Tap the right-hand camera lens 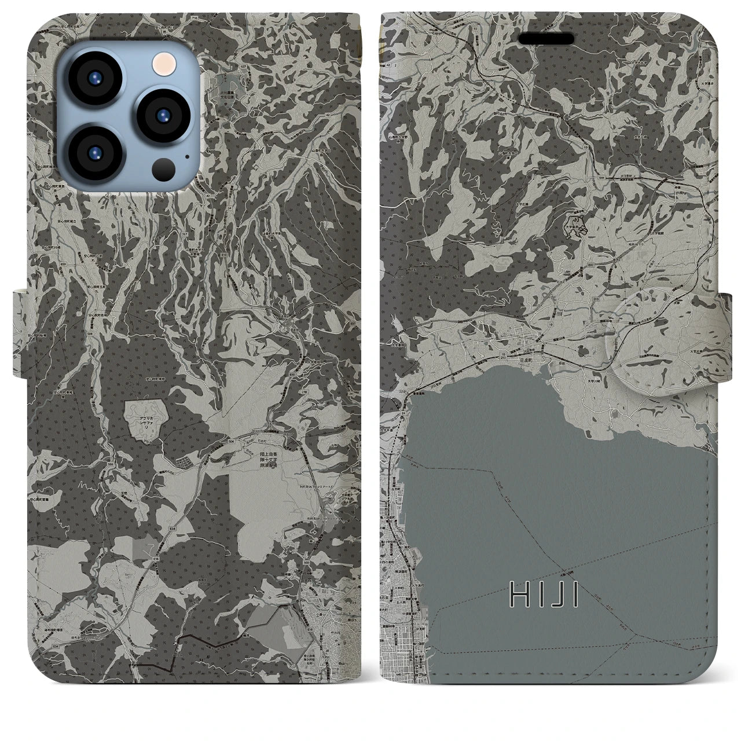pyautogui.click(x=163, y=113)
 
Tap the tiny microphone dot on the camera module pyautogui.click(x=187, y=155)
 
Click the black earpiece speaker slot pyautogui.click(x=545, y=38)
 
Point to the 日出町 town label pyautogui.click(x=526, y=360)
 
